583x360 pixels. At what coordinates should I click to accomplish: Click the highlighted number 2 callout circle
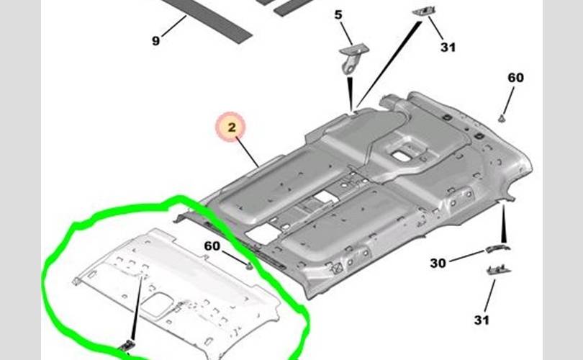tap(232, 128)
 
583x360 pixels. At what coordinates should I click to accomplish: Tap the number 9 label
tap(155, 41)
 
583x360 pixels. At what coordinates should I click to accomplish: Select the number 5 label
tap(338, 14)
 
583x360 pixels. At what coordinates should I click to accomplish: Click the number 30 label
tap(438, 264)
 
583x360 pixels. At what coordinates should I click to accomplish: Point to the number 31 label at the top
tap(448, 48)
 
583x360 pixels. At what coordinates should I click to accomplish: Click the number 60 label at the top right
tap(515, 78)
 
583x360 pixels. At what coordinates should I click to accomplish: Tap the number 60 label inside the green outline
tap(212, 246)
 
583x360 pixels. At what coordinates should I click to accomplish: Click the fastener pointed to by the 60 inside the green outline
tap(249, 266)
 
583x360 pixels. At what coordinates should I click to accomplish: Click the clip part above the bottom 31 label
tap(494, 269)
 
